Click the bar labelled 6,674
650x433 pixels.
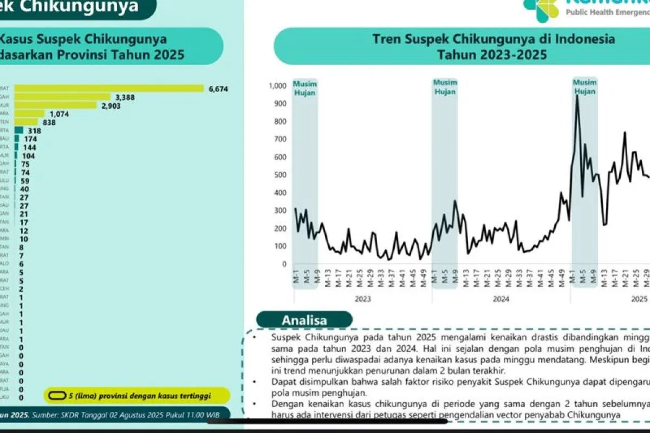(108, 89)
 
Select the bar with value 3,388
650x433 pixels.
(62, 97)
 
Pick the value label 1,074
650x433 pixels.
(61, 114)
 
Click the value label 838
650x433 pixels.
(50, 122)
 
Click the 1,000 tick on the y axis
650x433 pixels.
(277, 86)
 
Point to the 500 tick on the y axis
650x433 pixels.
(279, 175)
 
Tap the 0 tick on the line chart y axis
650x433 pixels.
(284, 264)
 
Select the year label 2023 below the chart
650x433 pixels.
(362, 298)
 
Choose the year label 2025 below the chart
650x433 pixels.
(639, 298)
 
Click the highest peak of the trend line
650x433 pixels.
(577, 96)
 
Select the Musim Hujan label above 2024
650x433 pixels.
(445, 87)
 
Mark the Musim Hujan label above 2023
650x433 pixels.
(304, 88)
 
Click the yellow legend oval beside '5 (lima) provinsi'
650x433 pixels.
(56, 395)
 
